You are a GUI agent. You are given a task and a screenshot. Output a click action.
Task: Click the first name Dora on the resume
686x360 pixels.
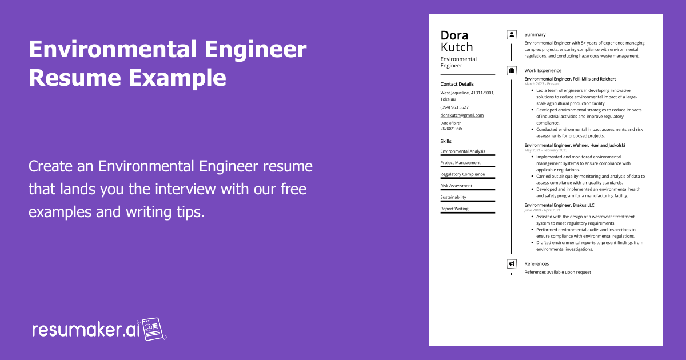coord(454,35)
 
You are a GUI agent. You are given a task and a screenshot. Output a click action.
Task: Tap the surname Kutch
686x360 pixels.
coord(457,47)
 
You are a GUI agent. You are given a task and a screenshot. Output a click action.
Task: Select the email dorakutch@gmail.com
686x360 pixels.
coord(462,115)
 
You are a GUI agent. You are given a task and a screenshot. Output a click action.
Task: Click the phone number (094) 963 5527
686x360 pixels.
coord(454,107)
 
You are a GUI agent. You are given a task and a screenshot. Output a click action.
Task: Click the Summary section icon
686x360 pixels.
coord(512,35)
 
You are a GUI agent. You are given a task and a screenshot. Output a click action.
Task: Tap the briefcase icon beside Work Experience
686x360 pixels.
coord(512,70)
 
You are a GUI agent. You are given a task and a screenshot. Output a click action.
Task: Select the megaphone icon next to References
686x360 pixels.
coord(512,264)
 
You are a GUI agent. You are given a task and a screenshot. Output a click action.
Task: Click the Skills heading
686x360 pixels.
coord(446,141)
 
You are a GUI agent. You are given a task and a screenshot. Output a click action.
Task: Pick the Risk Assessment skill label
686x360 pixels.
coord(456,186)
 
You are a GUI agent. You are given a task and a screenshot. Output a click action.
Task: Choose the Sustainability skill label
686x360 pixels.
coord(453,197)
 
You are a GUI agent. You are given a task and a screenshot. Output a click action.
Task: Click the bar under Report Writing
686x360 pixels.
coord(468,213)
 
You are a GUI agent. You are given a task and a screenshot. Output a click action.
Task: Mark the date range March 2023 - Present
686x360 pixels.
coord(542,84)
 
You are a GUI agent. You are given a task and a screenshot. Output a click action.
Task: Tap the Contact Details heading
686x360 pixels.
coord(457,84)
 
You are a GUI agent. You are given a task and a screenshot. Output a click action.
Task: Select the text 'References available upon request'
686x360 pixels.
coord(557,272)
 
